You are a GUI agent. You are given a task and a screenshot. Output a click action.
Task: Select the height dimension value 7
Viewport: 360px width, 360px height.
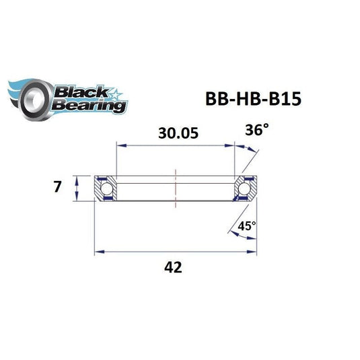tap(59, 186)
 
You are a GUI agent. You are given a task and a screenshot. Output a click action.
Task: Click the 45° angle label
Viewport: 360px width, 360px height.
tap(247, 227)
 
